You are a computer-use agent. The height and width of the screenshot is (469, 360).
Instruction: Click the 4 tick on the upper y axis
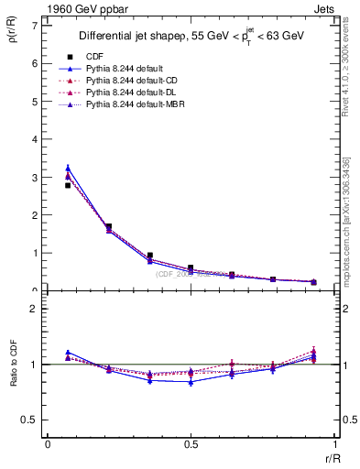pyautogui.click(x=36, y=139)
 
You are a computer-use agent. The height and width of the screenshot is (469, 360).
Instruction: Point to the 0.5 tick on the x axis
pyautogui.click(x=191, y=445)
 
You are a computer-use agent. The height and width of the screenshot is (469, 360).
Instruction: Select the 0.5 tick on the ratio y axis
pyautogui.click(x=32, y=420)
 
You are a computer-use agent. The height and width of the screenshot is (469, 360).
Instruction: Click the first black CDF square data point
pyautogui.click(x=68, y=185)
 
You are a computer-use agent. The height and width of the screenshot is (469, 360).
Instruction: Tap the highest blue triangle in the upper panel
pyautogui.click(x=68, y=168)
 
